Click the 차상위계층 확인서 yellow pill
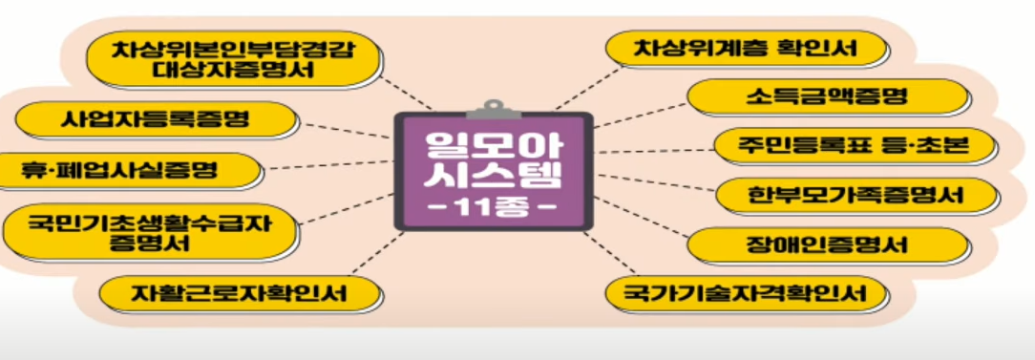tap(748, 47)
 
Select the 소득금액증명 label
tap(827, 96)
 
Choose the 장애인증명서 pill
tap(827, 244)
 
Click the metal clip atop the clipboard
tap(493, 104)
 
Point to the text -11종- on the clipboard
tap(493, 205)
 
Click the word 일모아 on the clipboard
tap(493, 142)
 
